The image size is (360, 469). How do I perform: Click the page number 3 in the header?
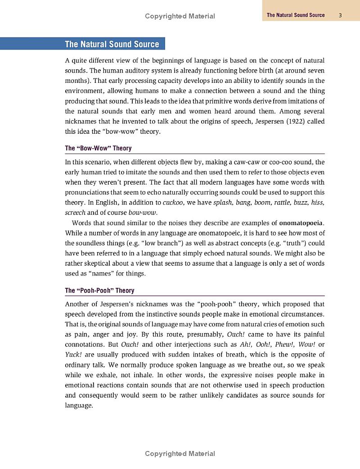tap(341, 15)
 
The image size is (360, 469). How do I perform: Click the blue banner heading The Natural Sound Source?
tap(112, 44)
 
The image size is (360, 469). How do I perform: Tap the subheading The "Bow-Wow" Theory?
tap(98, 148)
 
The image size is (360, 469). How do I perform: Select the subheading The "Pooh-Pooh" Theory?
tap(99, 291)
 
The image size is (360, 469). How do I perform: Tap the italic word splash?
tap(224, 203)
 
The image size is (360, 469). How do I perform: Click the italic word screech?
tap(75, 212)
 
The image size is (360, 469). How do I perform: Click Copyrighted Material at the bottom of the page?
tap(180, 454)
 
